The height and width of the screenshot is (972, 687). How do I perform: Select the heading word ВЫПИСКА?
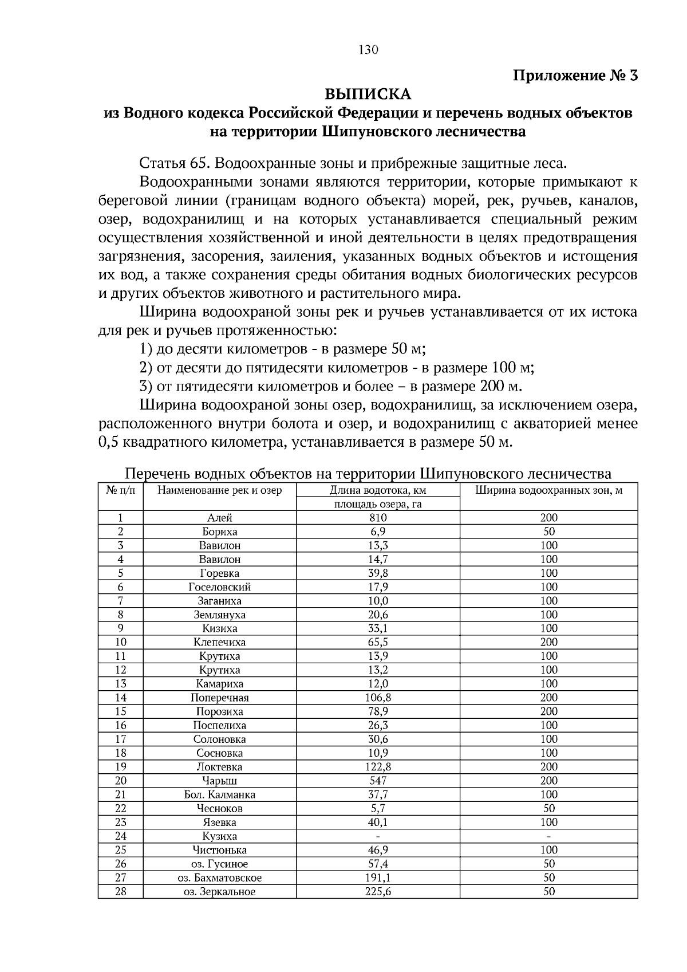point(368,93)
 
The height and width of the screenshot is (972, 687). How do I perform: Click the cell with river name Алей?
point(219,518)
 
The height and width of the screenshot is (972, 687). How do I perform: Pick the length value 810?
point(378,518)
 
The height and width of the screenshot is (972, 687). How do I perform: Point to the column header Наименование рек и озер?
point(219,490)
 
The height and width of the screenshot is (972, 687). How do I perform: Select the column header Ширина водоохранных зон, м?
point(548,490)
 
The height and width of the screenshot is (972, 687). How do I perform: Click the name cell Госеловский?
point(219,587)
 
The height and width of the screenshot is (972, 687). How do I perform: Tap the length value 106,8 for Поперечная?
point(378,698)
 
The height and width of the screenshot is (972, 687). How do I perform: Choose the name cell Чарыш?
point(219,781)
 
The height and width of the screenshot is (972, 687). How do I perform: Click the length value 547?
point(378,781)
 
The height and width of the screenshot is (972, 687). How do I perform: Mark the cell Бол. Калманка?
point(219,794)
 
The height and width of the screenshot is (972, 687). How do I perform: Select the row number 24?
point(120,836)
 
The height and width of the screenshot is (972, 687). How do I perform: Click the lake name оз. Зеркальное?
point(219,892)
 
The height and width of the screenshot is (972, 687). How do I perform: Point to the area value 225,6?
point(378,892)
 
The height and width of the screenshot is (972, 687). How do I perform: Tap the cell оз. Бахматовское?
point(219,878)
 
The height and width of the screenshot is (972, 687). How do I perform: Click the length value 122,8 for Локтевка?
point(378,767)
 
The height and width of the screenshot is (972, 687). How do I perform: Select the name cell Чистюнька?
point(219,850)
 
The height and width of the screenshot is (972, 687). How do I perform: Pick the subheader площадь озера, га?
point(378,504)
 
